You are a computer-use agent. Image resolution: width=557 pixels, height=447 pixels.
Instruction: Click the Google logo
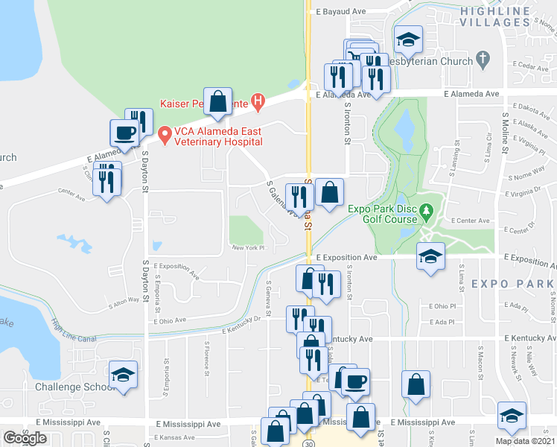point(25,438)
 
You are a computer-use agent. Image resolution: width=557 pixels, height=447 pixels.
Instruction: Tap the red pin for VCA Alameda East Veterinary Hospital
point(165,135)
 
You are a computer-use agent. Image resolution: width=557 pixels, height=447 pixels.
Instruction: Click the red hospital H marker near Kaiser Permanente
point(258,100)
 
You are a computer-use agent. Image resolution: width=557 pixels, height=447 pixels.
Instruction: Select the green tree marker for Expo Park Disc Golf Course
point(426,211)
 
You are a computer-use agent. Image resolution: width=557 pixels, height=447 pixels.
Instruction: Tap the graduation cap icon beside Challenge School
point(123,375)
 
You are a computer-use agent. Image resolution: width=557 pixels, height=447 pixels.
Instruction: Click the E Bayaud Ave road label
point(341,13)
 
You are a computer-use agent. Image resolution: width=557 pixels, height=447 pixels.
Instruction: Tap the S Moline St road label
point(505,142)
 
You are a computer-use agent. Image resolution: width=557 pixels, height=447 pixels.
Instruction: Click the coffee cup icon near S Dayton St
point(125,133)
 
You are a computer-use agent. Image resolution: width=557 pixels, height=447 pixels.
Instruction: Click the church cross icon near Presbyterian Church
point(483,58)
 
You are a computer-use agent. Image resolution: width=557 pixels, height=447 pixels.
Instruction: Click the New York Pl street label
point(248,248)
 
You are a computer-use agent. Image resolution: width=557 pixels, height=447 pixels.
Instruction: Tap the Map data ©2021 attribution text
point(525,441)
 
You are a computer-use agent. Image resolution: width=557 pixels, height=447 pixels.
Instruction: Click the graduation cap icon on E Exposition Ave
point(430,257)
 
